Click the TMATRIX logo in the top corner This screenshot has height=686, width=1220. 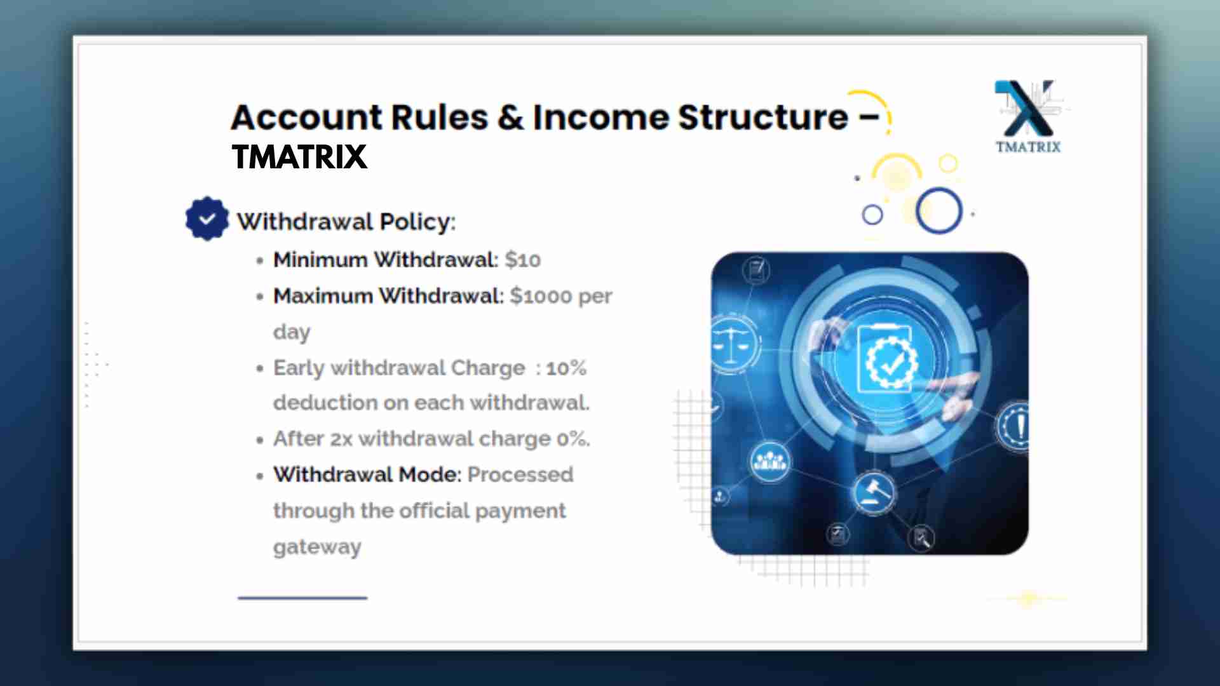pos(1028,117)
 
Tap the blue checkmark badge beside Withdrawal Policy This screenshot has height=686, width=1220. pos(207,219)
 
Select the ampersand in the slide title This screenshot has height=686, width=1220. pos(510,118)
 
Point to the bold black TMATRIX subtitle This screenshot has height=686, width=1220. pos(299,157)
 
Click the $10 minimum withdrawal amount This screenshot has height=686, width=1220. pos(523,260)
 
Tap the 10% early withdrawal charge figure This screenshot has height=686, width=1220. pos(566,368)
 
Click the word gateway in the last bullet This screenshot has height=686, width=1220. pos(317,548)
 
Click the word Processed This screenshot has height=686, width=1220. pos(520,474)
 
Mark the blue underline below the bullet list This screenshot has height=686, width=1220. pos(302,598)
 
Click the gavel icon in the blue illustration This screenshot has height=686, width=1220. pos(874,492)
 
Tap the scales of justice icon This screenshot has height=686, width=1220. pos(733,342)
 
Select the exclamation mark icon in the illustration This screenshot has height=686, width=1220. pos(1015,426)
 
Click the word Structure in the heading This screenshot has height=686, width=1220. pos(762,118)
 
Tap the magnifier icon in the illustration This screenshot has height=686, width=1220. pos(921,538)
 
